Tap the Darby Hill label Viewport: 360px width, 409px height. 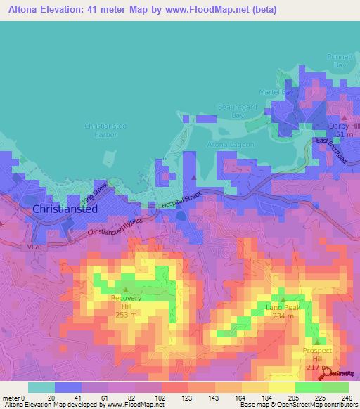344,126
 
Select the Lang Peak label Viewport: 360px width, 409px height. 283,307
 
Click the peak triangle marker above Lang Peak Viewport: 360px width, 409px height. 283,299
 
